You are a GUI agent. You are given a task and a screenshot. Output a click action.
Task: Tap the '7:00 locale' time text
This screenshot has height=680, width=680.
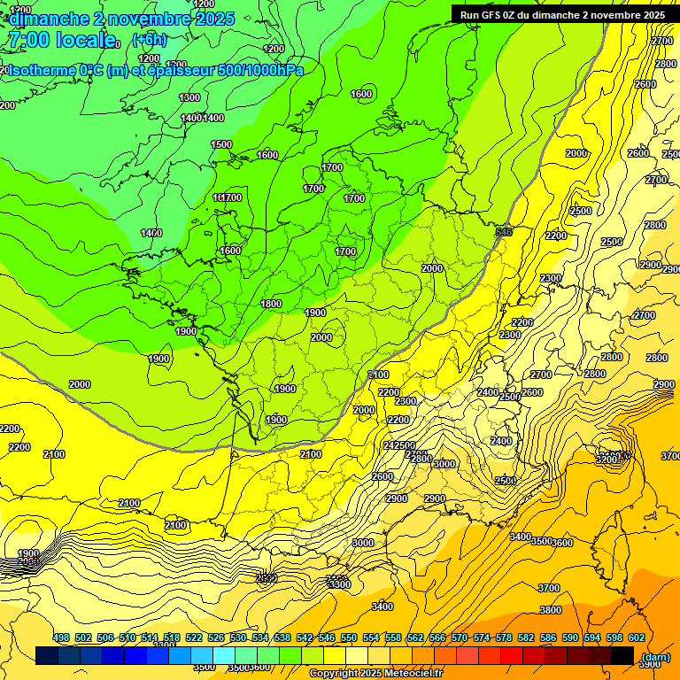tap(60, 40)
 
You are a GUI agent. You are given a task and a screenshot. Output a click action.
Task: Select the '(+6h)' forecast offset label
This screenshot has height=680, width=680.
tap(149, 39)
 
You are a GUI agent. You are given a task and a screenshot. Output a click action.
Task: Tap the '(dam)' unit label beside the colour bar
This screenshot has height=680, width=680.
tap(655, 657)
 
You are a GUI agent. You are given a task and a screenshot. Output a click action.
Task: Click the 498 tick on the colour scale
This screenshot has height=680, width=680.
tap(61, 637)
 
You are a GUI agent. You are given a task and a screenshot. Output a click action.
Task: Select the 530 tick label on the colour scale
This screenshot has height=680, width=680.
tap(238, 637)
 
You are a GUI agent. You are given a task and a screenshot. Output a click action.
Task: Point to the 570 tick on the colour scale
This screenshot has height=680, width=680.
tap(460, 637)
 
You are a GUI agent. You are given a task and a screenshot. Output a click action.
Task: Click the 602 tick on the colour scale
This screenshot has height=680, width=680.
tap(637, 637)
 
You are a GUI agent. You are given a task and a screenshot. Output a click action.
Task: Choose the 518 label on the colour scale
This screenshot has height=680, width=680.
tap(172, 637)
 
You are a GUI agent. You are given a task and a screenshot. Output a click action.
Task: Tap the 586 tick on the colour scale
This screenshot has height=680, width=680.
tap(548, 637)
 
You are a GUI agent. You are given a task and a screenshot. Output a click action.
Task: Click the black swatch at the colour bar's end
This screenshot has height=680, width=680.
tap(622, 655)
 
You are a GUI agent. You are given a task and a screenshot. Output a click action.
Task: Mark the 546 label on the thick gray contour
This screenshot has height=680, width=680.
tap(505, 232)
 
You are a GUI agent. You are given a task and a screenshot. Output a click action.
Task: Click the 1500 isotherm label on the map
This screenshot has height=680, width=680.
tap(221, 144)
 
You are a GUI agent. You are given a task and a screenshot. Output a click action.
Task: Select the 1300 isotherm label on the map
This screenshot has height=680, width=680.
tap(189, 97)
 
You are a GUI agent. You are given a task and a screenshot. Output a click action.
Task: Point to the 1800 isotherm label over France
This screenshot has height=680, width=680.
tap(271, 304)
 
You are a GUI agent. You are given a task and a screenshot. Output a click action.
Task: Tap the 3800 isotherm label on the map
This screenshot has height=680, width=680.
tap(551, 610)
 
